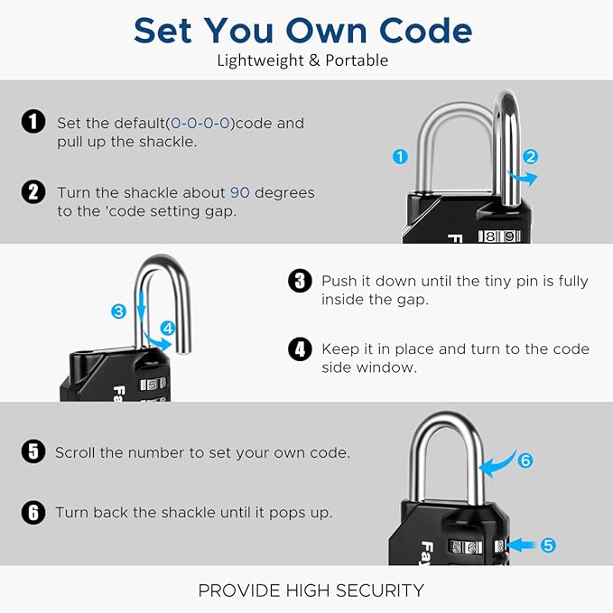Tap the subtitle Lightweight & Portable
point(302,60)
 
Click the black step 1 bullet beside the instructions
point(33,122)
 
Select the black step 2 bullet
point(33,191)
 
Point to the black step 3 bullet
point(299,281)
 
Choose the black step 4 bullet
point(299,349)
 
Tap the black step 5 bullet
point(33,451)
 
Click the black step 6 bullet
point(33,512)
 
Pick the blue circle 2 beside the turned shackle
point(531,156)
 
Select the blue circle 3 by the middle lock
point(118,311)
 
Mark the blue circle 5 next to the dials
point(549,544)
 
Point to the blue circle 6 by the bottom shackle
point(525,460)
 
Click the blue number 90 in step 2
point(239,192)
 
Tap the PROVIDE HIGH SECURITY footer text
point(310,590)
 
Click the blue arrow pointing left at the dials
point(524,544)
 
